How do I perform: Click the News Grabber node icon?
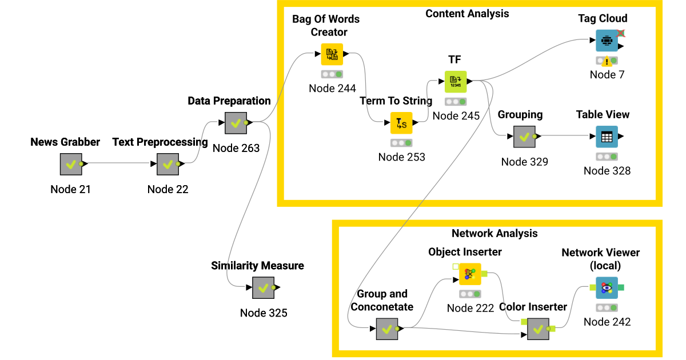[71, 164]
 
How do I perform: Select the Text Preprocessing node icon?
[167, 164]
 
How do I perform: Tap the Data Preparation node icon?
[236, 123]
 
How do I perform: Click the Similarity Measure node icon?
[264, 287]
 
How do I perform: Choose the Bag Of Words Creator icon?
[332, 54]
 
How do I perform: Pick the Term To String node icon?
[401, 123]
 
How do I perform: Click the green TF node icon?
[456, 81]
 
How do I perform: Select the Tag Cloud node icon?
[607, 41]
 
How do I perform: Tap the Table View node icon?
[607, 137]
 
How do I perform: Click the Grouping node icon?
[524, 137]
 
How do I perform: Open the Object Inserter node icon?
[470, 274]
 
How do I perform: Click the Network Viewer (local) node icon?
[607, 287]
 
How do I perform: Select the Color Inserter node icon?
[538, 329]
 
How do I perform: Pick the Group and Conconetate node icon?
[387, 329]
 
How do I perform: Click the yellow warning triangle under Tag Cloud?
[607, 62]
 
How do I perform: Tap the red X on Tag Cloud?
[621, 33]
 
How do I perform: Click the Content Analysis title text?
[466, 13]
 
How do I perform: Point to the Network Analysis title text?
[494, 233]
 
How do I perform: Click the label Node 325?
[264, 313]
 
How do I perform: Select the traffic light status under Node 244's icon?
[332, 74]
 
